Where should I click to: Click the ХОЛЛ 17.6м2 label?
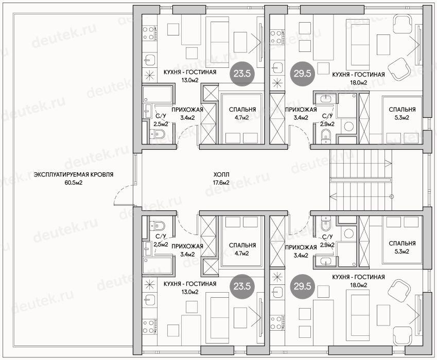point(221,178)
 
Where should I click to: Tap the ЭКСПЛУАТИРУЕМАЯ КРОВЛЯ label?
point(74,175)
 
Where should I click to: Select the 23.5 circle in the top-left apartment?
point(242,74)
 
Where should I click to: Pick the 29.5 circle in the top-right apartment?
point(302,74)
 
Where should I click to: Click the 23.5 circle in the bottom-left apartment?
point(242,286)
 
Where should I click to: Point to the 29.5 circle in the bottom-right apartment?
point(302,286)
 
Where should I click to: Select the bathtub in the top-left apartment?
point(158,94)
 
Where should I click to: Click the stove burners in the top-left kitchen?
point(148,33)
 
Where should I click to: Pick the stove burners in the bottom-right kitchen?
point(276,322)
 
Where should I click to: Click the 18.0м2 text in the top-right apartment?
point(358,83)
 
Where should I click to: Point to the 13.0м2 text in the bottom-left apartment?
point(190,292)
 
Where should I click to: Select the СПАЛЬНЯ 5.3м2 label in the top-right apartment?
point(402,114)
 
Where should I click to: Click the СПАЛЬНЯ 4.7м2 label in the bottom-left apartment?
point(242,249)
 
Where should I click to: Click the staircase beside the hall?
point(361,179)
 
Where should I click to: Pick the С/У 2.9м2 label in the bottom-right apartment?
point(327,241)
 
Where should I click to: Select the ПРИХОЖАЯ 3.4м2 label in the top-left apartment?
point(187,114)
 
